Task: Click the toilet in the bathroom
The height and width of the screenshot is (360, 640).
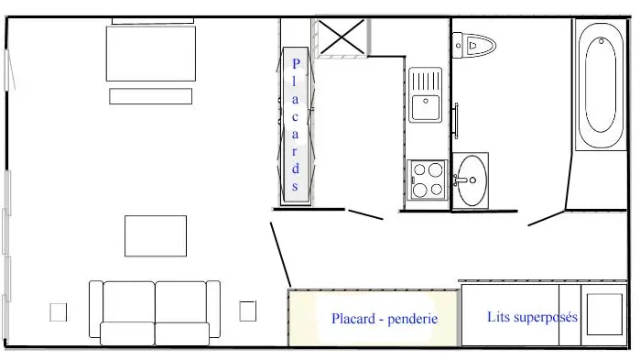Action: (x=473, y=45)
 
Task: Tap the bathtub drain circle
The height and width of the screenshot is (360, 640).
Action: (x=602, y=41)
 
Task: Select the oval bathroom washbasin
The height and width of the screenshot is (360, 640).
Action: (x=472, y=180)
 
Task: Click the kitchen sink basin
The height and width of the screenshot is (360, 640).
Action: (x=426, y=107)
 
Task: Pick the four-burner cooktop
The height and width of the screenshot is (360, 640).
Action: (x=428, y=180)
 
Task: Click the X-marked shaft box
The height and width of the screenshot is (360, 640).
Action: (x=342, y=38)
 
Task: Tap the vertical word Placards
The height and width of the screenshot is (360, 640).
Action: (x=296, y=125)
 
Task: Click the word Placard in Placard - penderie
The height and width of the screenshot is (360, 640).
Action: (x=353, y=319)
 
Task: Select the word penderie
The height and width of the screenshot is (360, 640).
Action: (x=413, y=319)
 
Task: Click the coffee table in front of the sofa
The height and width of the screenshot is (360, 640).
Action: (x=156, y=236)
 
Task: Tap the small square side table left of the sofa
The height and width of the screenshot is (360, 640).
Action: (x=59, y=312)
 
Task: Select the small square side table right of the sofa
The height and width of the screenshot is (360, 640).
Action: (x=248, y=311)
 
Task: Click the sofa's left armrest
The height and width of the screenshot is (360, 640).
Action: (x=96, y=309)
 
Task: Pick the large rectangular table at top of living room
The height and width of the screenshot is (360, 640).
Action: (x=151, y=53)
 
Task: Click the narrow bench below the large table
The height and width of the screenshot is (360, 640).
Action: (x=150, y=96)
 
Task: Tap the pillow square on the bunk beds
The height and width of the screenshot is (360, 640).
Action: (x=604, y=314)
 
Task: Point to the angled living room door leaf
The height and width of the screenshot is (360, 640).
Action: (x=281, y=255)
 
